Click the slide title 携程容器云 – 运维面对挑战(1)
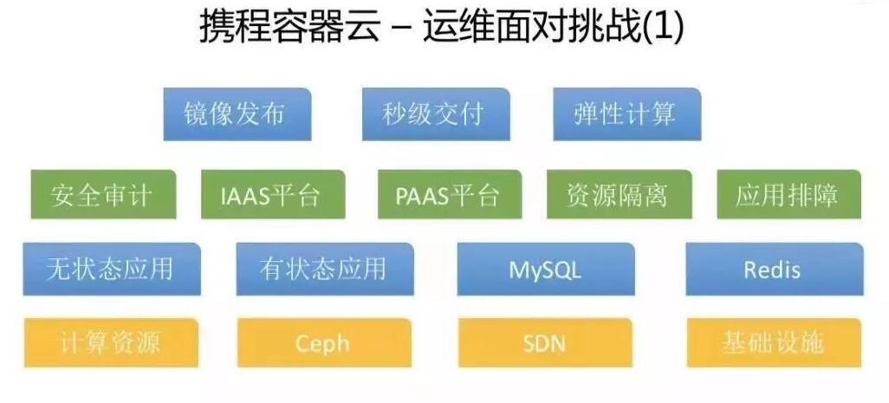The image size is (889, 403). point(442,27)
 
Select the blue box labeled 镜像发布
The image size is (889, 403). point(237,114)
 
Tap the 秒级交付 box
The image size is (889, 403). point(436,114)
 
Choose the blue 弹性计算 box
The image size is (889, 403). point(626,114)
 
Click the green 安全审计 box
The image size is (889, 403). point(103,194)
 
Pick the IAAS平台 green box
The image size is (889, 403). point(273,194)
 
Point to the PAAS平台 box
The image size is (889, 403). point(450,194)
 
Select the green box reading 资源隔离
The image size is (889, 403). point(620,194)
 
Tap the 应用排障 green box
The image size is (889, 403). point(788,194)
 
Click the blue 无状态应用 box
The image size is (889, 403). point(112,270)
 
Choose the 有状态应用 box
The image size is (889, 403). point(325,270)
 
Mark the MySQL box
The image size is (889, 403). point(545,270)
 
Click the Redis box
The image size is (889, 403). point(775,270)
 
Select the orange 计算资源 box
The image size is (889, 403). point(111,343)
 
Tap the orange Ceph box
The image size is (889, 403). point(324,343)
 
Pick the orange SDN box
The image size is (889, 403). point(545,343)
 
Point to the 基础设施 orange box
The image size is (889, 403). point(774,343)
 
